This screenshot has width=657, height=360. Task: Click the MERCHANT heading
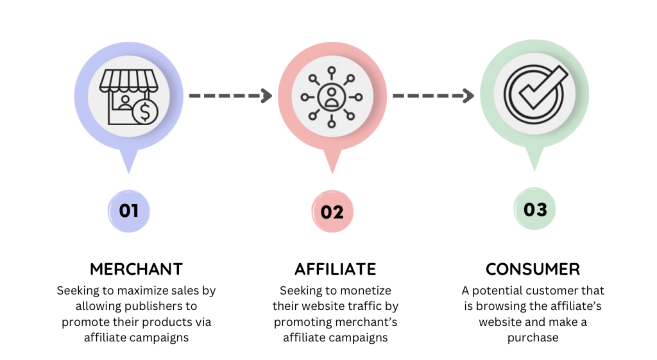[136, 269]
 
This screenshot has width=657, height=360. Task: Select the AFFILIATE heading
[336, 269]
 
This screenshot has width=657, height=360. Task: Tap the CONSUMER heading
[533, 269]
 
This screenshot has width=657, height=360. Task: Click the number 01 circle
[129, 210]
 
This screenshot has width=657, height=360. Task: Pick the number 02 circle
[332, 211]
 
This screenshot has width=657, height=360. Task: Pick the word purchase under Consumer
[533, 337]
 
